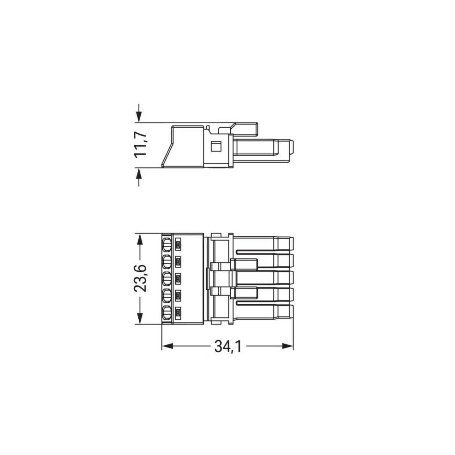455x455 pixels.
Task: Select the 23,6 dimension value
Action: pyautogui.click(x=140, y=278)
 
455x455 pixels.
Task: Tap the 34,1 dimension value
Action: pyautogui.click(x=228, y=346)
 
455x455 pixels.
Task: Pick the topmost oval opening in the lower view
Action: pyautogui.click(x=166, y=245)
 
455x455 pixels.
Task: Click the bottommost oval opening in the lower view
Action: pyautogui.click(x=166, y=313)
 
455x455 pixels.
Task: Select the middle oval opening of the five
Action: pyautogui.click(x=166, y=279)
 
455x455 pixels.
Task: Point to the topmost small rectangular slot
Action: pyautogui.click(x=178, y=245)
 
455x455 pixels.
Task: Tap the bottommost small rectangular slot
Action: pyautogui.click(x=178, y=313)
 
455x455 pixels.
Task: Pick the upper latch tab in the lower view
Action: pyautogui.click(x=244, y=264)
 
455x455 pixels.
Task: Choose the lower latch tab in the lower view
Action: pyautogui.click(x=244, y=293)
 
